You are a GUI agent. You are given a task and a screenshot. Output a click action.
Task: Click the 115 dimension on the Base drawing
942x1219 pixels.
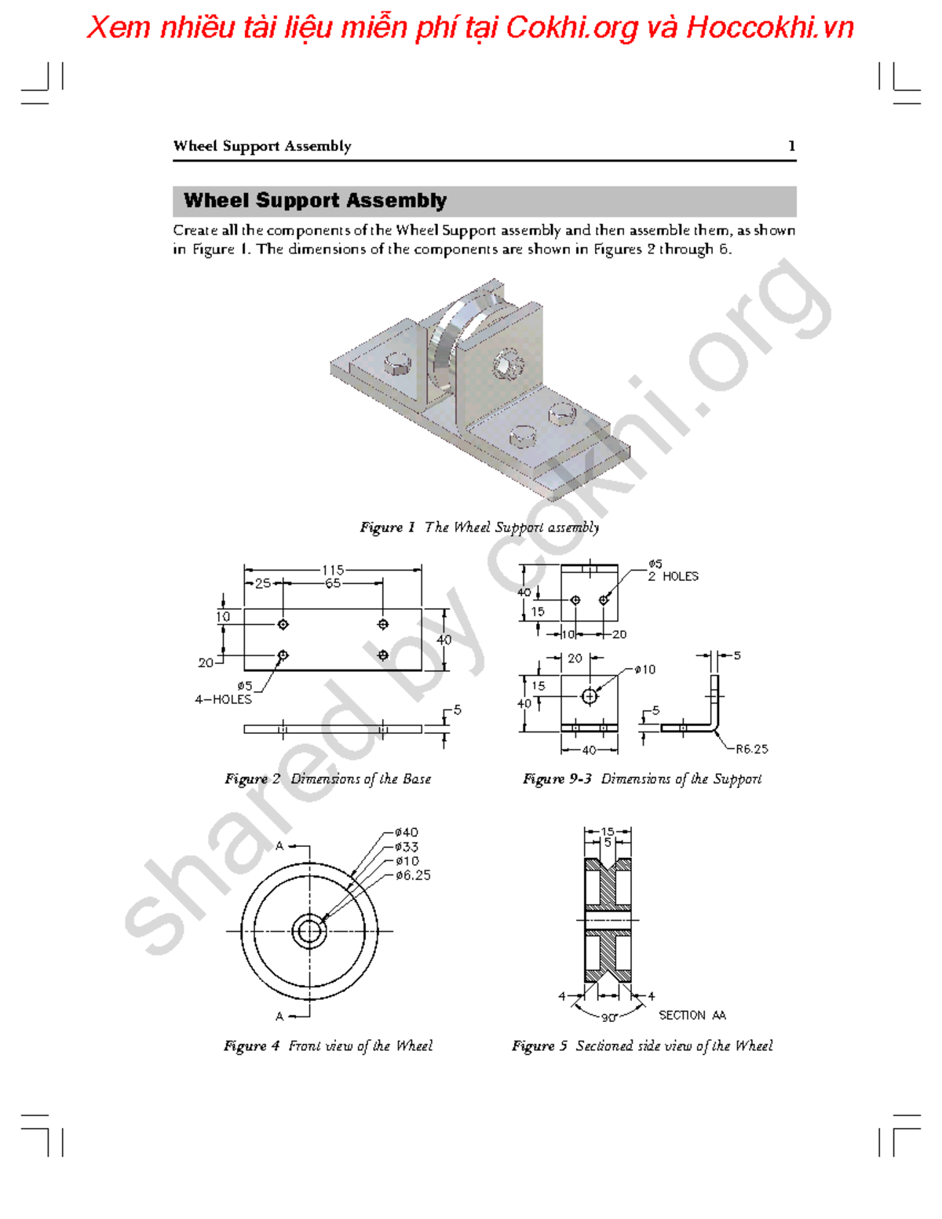point(333,570)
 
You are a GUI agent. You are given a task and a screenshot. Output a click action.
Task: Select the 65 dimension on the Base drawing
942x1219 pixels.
point(333,584)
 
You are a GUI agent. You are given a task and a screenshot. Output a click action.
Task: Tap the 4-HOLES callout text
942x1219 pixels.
point(224,699)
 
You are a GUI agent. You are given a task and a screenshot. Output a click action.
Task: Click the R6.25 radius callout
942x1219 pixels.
point(751,749)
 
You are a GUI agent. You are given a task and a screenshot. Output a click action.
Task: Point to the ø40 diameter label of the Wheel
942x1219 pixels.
point(406,832)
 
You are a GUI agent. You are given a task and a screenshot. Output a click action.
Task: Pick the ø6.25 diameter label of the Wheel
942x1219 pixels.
point(412,875)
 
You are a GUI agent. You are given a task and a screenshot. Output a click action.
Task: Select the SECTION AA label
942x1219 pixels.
point(692,1015)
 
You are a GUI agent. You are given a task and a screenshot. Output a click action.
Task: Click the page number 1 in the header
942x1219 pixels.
point(791,146)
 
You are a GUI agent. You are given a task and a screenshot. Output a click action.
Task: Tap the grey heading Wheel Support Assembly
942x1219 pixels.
point(315,201)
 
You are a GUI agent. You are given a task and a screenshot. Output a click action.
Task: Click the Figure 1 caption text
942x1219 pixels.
point(479,527)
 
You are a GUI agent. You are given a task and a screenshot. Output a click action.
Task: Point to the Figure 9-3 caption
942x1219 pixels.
point(641,779)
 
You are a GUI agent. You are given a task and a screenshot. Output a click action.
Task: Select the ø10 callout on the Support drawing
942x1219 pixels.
point(644,670)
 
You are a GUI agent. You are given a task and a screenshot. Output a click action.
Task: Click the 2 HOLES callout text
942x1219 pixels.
point(673,576)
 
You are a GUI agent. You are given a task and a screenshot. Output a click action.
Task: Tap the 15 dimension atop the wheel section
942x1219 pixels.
point(608,831)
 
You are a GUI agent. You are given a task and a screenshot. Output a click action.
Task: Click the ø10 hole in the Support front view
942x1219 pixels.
point(590,696)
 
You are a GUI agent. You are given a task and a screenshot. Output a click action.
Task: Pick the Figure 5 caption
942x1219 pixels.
point(641,1046)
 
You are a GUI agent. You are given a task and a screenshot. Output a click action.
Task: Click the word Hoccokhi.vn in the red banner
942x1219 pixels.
point(769,28)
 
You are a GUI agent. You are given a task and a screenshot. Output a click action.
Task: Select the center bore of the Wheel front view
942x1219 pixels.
point(309,932)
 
